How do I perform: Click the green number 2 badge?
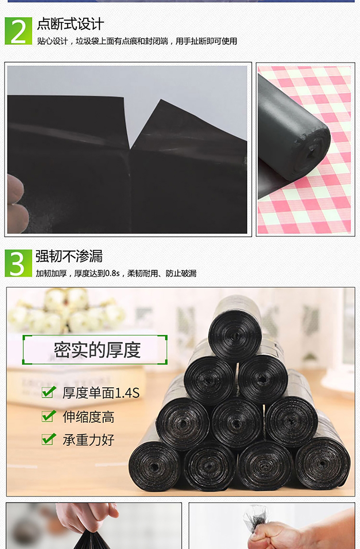(18, 31)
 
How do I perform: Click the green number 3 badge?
(18, 263)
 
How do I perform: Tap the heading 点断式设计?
(71, 24)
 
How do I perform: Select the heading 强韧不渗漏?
(69, 256)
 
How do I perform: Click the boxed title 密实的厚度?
(97, 350)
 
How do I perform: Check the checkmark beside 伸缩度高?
(48, 416)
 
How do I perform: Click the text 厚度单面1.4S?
(101, 393)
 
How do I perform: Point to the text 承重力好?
(89, 440)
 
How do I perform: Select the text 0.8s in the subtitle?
(112, 274)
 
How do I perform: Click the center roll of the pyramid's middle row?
(236, 423)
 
